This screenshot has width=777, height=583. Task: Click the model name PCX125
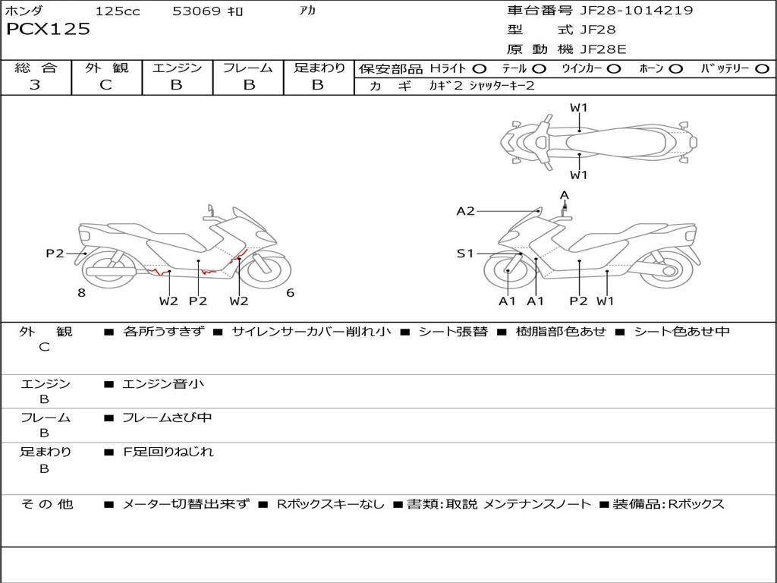click(48, 30)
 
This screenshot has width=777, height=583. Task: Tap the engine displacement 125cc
click(118, 11)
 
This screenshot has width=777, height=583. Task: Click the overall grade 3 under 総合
click(35, 85)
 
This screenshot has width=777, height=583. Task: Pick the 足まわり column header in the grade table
click(319, 68)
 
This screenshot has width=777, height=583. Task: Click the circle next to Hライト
click(480, 69)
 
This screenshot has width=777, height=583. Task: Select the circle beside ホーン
click(675, 69)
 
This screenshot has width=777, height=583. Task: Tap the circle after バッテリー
click(762, 69)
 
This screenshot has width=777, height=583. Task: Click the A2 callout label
click(465, 211)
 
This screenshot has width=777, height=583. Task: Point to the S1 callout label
click(465, 254)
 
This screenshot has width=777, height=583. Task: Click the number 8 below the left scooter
click(81, 293)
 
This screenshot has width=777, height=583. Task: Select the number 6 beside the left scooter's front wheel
click(290, 292)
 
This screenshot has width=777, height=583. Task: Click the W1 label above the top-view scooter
click(579, 108)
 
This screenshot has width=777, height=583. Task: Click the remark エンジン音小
click(163, 384)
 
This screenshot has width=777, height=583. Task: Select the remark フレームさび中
click(168, 418)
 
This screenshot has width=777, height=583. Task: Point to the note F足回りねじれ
click(168, 452)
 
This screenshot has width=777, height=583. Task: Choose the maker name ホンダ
click(25, 11)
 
